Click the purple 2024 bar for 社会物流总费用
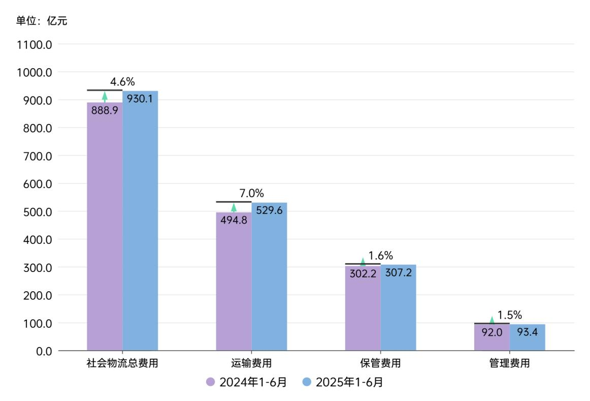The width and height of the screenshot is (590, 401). (105, 229)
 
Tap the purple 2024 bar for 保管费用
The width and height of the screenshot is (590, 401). (363, 310)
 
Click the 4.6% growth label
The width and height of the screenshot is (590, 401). (122, 82)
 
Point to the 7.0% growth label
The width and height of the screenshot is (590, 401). (251, 194)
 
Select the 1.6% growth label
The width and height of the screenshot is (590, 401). (381, 256)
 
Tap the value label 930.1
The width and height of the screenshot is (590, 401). (140, 99)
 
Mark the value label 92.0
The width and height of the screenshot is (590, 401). (491, 332)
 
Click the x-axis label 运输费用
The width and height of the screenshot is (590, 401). (251, 364)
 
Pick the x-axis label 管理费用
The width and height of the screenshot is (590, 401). (509, 364)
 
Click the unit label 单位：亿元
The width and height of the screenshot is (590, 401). (42, 21)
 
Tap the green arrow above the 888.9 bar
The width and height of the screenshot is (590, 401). (105, 97)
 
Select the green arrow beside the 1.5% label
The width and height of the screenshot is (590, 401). (491, 320)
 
